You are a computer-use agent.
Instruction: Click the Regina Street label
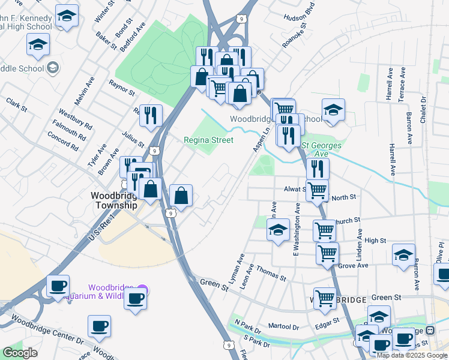208,140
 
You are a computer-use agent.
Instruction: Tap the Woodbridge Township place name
114,200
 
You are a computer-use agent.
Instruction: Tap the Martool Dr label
283,327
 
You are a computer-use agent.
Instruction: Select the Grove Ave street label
353,265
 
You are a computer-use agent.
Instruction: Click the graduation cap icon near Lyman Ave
278,230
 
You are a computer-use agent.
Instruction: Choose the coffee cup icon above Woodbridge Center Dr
99,326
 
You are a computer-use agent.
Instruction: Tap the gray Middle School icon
52,67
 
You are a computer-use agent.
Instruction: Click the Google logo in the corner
20,353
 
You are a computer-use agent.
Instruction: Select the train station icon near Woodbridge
430,331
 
